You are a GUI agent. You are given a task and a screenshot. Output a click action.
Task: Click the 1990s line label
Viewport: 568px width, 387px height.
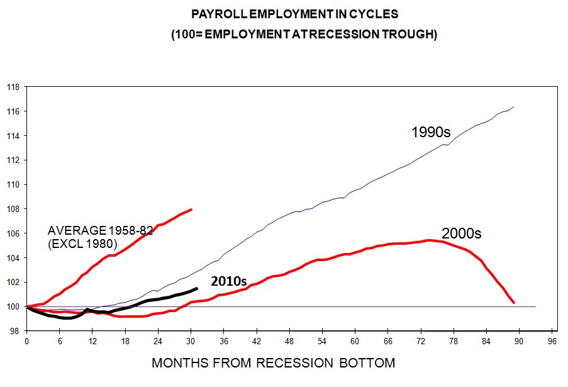(431, 132)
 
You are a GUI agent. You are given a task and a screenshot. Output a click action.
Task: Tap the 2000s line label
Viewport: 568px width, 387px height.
(461, 233)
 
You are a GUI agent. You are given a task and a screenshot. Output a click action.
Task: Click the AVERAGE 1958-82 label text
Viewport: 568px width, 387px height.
(100, 231)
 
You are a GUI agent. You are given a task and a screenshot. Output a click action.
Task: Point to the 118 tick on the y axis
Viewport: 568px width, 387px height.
(13, 87)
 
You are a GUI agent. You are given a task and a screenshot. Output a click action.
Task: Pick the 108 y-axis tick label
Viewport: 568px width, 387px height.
(13, 209)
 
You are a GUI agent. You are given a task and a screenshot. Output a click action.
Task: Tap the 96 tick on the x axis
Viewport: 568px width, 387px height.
(552, 342)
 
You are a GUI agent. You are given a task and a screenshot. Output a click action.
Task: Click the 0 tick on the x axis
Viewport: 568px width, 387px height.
(26, 342)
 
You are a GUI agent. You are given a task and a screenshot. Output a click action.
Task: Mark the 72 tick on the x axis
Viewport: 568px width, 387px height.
(421, 342)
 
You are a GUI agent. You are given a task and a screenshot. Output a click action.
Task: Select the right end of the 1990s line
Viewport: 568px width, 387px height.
(515, 107)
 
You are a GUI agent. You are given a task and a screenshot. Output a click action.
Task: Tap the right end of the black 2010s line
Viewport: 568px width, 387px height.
(197, 288)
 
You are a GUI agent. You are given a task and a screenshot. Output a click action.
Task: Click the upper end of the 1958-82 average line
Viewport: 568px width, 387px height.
(191, 210)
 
